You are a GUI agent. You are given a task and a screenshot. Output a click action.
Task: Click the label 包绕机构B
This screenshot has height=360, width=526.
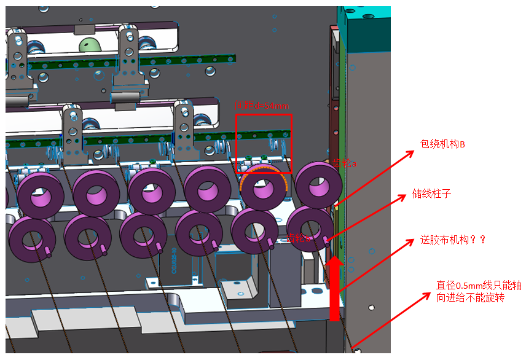click(x=442, y=144)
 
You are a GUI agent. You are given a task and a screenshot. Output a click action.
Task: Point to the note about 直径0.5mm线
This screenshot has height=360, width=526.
click(x=479, y=292)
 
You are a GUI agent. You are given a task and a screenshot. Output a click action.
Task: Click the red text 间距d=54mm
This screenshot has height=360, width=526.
click(x=263, y=106)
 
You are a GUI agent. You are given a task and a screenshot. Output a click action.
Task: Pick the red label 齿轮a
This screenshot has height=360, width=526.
click(x=345, y=163)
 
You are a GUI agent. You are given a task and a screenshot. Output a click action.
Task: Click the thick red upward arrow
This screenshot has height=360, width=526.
click(x=334, y=289)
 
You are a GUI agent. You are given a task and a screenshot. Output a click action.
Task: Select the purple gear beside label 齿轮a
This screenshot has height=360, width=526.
click(x=318, y=184)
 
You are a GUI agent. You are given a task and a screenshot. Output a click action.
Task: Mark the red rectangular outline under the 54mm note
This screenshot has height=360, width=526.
click(x=264, y=144)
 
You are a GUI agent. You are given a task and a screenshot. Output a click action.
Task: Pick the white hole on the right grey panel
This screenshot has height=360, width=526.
click(x=371, y=307)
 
